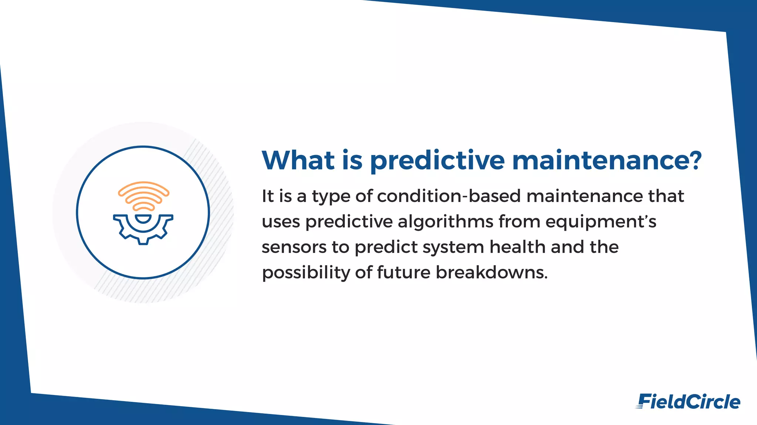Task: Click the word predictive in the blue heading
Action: [437, 161]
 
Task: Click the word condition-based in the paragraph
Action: [449, 196]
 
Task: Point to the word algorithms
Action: [445, 222]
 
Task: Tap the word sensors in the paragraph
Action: [294, 247]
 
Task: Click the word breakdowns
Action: [491, 273]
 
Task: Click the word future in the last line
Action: [404, 273]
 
